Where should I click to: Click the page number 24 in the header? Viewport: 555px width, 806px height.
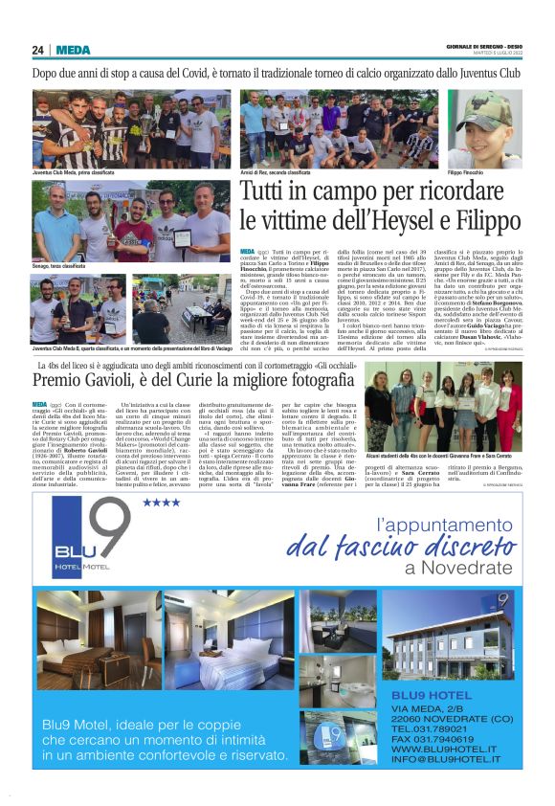37,50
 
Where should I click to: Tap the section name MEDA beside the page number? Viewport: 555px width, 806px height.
73,50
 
